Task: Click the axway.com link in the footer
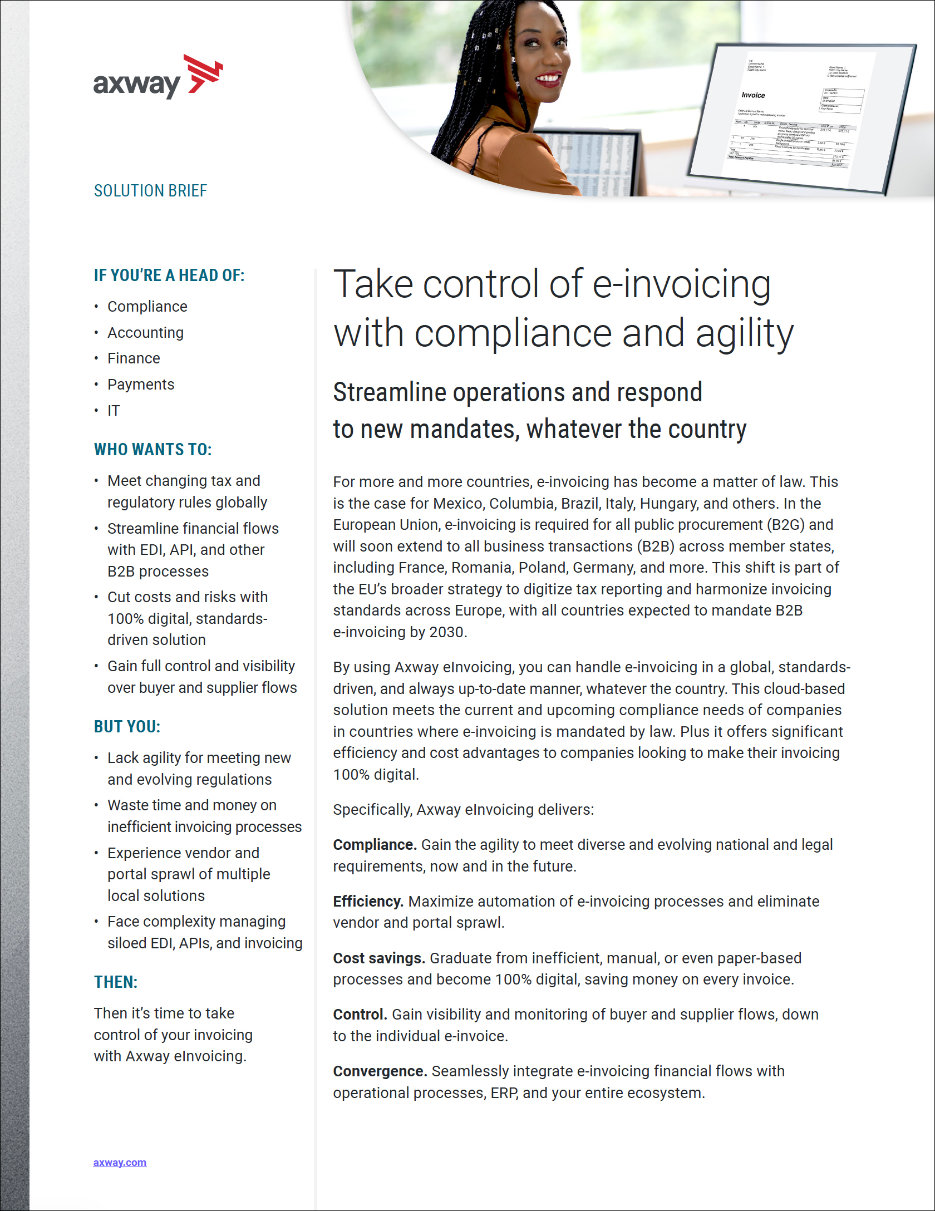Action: point(120,1162)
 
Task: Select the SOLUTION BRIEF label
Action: point(150,191)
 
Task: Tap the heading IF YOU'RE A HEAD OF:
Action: point(169,275)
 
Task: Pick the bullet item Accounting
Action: point(145,333)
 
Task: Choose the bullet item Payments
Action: point(141,385)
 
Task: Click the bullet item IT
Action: point(114,411)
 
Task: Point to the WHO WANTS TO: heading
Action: point(153,450)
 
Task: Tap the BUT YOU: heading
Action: point(127,727)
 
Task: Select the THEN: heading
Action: point(116,982)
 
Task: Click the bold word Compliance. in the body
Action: point(375,845)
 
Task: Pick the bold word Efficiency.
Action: point(368,902)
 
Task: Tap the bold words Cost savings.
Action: point(379,958)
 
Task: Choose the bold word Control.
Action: point(360,1015)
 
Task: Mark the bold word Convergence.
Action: point(380,1071)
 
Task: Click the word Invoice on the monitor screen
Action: point(753,95)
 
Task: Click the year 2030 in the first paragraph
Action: point(446,632)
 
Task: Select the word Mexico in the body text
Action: point(459,504)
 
